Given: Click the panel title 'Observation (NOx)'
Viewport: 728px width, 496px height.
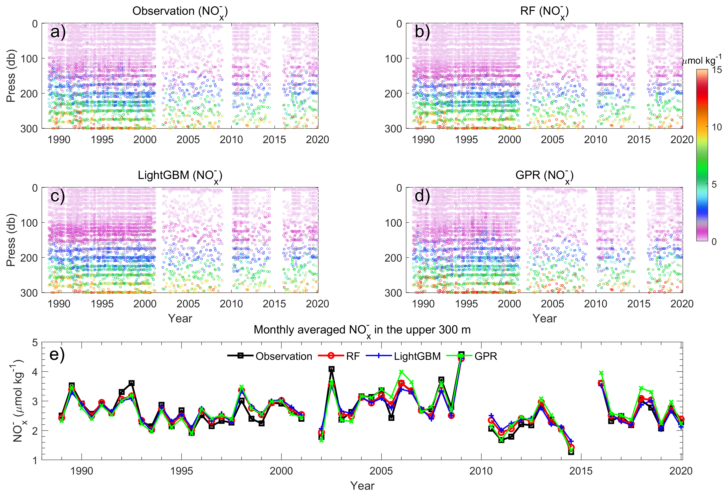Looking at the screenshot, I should (x=180, y=12).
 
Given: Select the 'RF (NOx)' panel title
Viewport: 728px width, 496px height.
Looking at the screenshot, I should (x=544, y=12).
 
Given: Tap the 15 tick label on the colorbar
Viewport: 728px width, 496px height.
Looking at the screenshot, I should (x=717, y=70).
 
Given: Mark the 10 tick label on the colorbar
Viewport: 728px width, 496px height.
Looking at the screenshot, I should (x=717, y=127).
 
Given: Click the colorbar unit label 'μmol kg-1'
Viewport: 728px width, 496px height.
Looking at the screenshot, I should (x=701, y=60).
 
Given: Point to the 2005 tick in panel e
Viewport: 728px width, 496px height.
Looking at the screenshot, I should (x=381, y=471).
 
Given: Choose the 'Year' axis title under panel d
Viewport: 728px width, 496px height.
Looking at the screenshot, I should (x=544, y=318).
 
